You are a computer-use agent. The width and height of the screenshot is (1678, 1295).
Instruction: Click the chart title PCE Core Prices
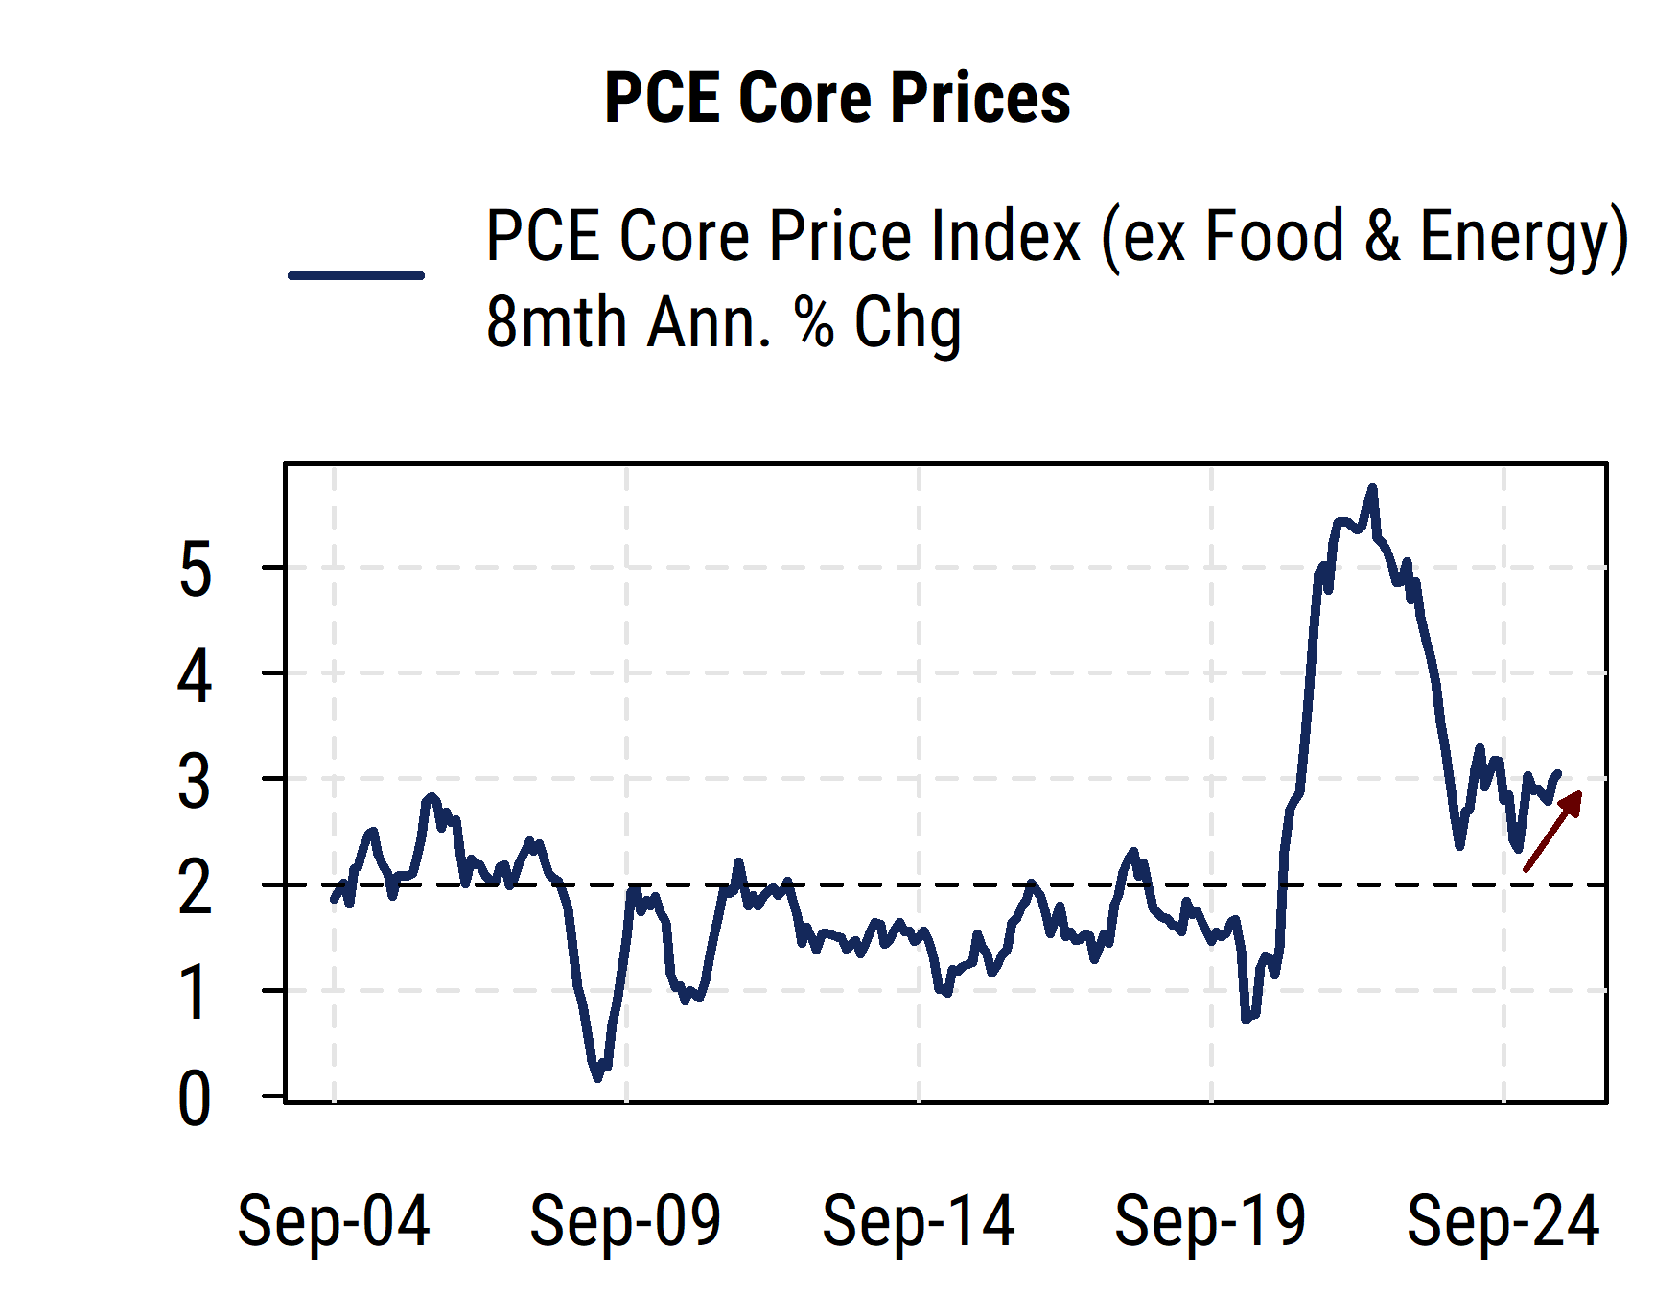pos(837,98)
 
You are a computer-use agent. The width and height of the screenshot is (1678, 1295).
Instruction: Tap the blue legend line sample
pos(356,275)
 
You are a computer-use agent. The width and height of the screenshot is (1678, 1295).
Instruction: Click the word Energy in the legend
pos(1523,237)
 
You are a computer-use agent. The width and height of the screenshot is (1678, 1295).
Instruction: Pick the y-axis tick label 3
pos(195,783)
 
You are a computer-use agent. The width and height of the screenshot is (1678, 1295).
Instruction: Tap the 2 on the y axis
pos(195,889)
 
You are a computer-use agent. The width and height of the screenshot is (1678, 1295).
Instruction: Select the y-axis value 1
pos(195,994)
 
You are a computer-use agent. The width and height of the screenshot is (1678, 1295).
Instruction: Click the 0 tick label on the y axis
pos(195,1099)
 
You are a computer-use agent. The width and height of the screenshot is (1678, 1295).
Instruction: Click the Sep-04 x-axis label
pos(333,1221)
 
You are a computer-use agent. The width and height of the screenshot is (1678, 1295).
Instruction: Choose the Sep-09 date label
pos(625,1221)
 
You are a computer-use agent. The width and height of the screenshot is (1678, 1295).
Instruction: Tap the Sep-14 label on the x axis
pos(918,1221)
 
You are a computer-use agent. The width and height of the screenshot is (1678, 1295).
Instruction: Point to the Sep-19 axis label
pos(1210,1221)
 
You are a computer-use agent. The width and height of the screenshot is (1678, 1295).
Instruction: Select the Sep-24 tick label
pos(1503,1221)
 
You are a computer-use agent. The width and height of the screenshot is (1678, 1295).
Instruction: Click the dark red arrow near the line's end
pos(1552,831)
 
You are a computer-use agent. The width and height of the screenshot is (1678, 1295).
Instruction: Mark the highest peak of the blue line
pos(1372,489)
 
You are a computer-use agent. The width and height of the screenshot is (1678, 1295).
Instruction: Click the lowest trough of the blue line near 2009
pos(598,1077)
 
